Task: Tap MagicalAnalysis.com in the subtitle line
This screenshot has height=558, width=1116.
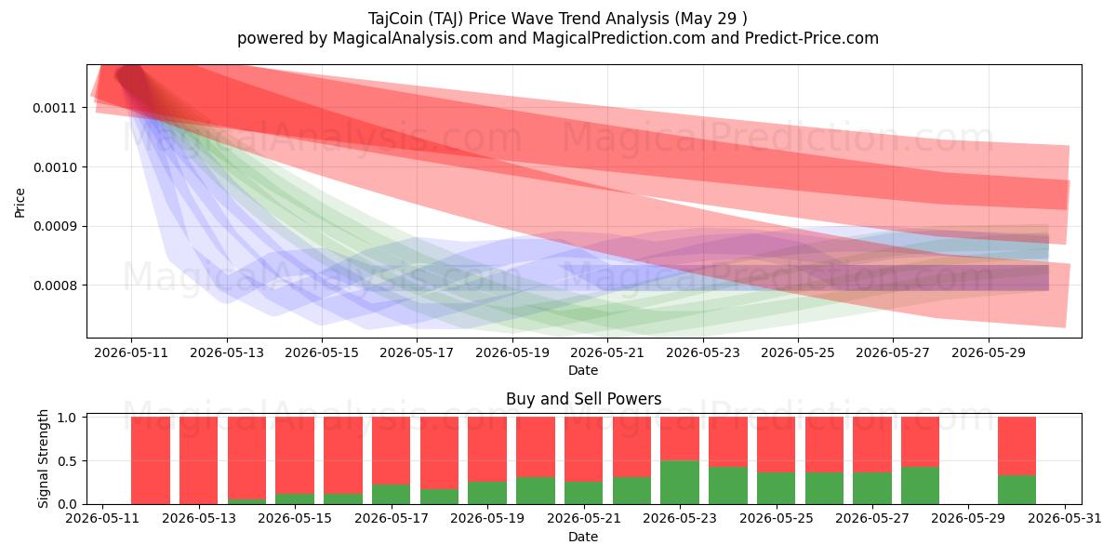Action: pyautogui.click(x=413, y=38)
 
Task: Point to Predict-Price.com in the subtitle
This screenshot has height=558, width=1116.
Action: pyautogui.click(x=812, y=38)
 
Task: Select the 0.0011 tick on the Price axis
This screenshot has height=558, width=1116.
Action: pyautogui.click(x=55, y=108)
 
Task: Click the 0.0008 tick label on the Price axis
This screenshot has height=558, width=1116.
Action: pyautogui.click(x=55, y=286)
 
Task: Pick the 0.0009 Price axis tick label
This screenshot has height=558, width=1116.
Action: pyautogui.click(x=55, y=226)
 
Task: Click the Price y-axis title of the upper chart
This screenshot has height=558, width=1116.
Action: pyautogui.click(x=20, y=203)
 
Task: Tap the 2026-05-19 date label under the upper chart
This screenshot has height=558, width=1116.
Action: pyautogui.click(x=512, y=352)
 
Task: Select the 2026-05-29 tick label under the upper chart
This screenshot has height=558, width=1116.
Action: pyautogui.click(x=989, y=352)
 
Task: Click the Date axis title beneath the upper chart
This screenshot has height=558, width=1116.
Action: pyautogui.click(x=583, y=370)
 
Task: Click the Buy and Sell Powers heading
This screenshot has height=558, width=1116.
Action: pyautogui.click(x=583, y=399)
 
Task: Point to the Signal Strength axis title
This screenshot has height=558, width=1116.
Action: pyautogui.click(x=44, y=458)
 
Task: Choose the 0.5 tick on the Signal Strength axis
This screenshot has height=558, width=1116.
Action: pyautogui.click(x=67, y=461)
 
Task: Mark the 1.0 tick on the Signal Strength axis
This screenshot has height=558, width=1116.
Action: pyautogui.click(x=67, y=418)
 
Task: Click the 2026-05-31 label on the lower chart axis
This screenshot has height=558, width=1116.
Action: pyautogui.click(x=1065, y=519)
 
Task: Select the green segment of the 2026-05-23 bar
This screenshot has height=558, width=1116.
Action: pyautogui.click(x=680, y=483)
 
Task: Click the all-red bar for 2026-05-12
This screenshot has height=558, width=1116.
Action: pyautogui.click(x=151, y=460)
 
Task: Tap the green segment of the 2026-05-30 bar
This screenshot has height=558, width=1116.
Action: pyautogui.click(x=1016, y=490)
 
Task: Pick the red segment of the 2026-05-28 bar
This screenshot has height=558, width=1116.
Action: pyautogui.click(x=920, y=442)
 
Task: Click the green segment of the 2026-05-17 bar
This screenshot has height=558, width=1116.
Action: pyautogui.click(x=392, y=494)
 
